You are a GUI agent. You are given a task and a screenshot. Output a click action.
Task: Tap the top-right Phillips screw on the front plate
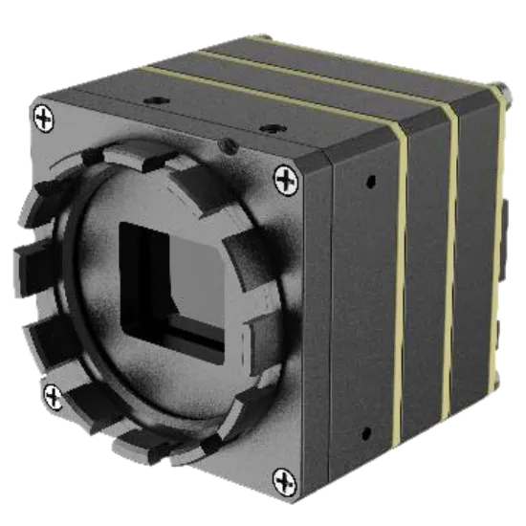[285, 176]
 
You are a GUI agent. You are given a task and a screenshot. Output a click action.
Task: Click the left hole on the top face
[152, 99]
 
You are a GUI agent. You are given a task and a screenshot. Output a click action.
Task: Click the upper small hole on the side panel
[368, 181]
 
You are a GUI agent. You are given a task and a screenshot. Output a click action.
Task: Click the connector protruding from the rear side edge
[507, 215]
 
